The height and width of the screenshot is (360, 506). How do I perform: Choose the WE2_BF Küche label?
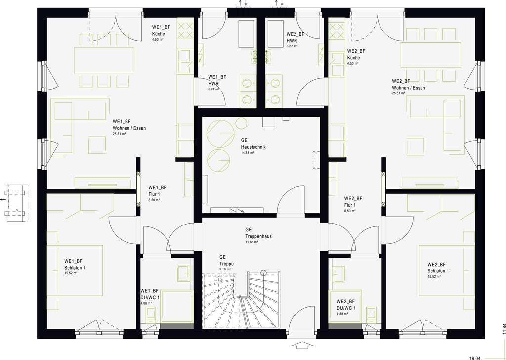click(x=356, y=54)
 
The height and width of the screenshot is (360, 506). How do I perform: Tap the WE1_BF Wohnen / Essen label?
click(x=129, y=125)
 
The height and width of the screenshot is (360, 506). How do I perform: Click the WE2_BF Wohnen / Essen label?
click(x=408, y=84)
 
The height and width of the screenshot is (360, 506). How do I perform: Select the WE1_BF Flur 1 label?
click(x=158, y=191)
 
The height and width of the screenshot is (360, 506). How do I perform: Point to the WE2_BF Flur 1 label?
click(x=354, y=201)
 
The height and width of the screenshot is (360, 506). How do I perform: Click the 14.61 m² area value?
click(x=248, y=153)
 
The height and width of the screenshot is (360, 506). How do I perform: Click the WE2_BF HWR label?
click(x=295, y=37)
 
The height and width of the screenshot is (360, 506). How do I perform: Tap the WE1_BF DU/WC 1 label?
click(x=149, y=294)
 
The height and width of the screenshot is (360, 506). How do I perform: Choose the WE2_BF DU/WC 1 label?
click(x=346, y=304)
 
